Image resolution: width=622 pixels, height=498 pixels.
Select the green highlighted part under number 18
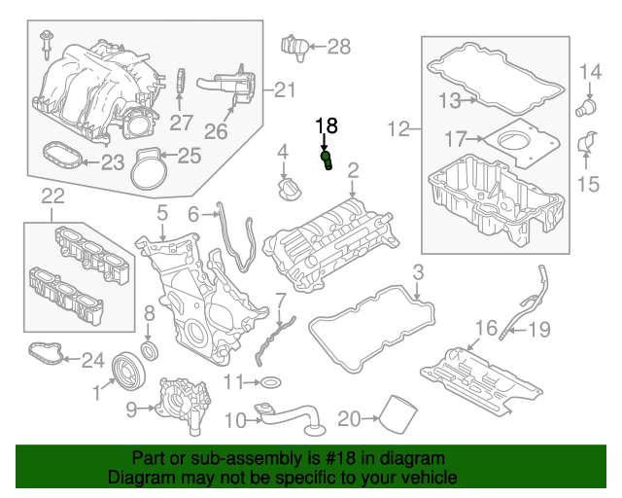[x=328, y=159]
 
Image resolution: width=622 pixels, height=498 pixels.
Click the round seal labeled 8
[x=149, y=349]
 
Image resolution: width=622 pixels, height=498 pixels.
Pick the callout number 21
[x=283, y=90]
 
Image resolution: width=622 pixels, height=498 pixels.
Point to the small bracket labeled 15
[x=586, y=145]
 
